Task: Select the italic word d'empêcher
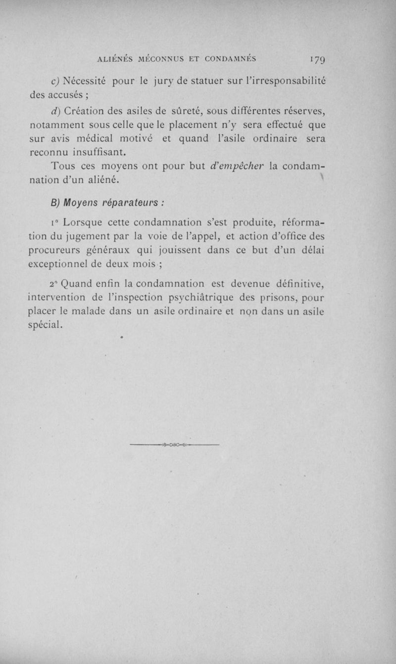point(239,167)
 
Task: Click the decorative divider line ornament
point(174,445)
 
